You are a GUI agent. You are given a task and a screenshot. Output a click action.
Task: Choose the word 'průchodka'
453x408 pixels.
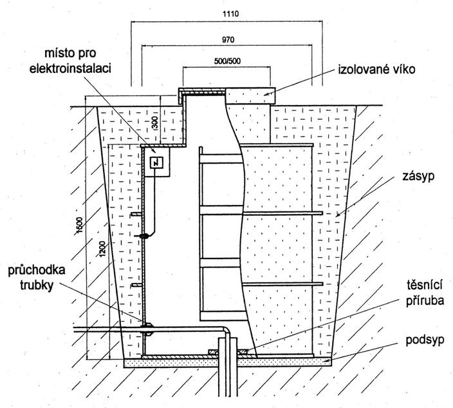click(35, 271)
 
